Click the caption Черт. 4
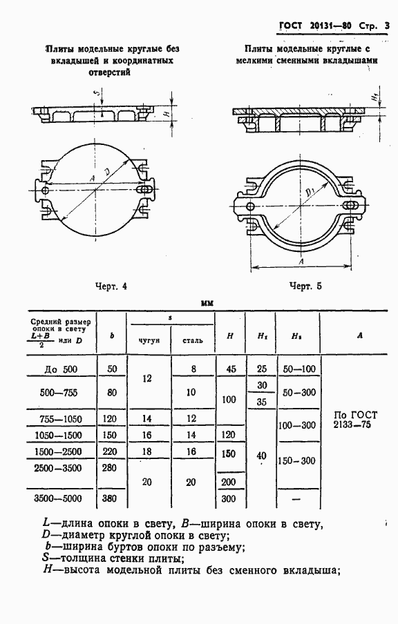click(x=111, y=286)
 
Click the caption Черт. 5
click(x=305, y=286)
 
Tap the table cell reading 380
click(x=110, y=498)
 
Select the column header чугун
click(x=149, y=341)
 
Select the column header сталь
click(x=193, y=341)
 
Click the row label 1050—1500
click(x=58, y=436)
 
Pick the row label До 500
click(x=61, y=370)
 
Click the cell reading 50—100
click(x=299, y=369)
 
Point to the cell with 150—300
click(x=296, y=461)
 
